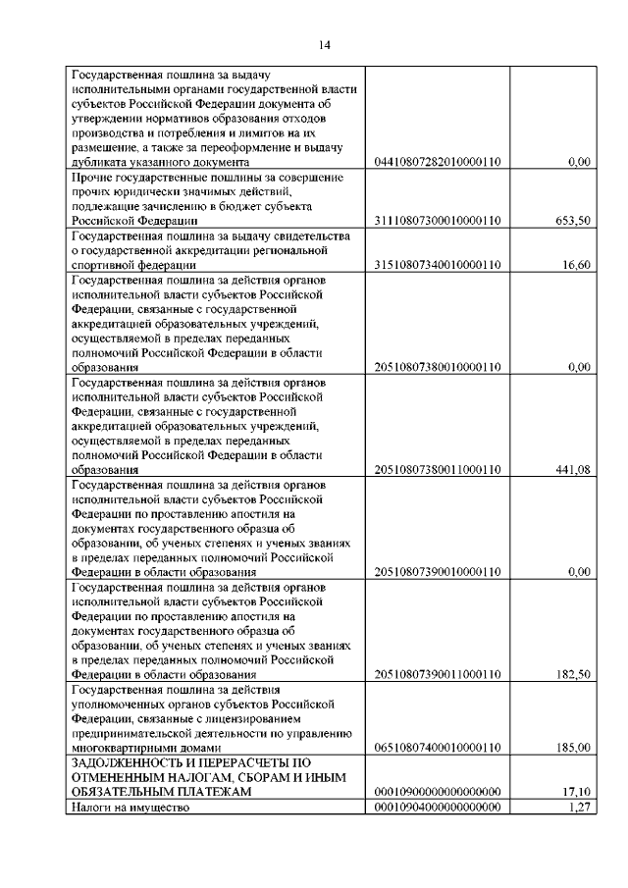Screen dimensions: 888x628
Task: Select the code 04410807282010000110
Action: point(438,162)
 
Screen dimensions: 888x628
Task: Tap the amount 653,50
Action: point(572,221)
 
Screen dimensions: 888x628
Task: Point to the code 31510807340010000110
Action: point(438,265)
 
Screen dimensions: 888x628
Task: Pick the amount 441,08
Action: point(572,470)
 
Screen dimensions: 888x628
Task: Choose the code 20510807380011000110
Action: point(438,470)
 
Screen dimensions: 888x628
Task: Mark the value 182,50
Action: point(572,674)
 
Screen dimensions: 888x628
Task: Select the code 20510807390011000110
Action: point(438,674)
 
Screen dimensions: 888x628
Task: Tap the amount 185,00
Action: point(572,748)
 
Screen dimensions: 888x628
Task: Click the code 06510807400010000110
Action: point(438,748)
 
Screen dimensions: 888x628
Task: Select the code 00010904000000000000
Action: point(438,807)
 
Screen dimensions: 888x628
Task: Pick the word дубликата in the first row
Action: point(99,162)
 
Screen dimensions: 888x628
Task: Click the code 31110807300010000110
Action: point(438,221)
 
